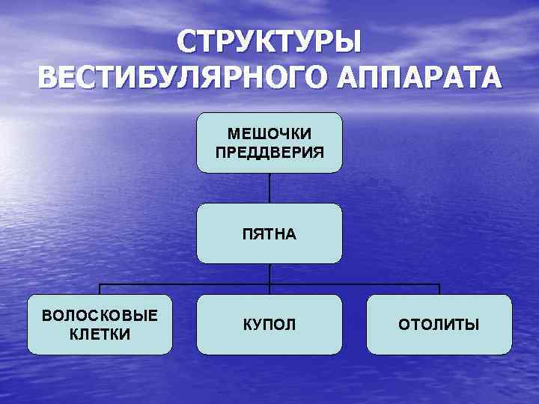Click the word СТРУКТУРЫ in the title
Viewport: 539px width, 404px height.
click(x=269, y=43)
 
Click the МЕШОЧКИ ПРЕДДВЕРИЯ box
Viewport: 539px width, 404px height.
click(x=269, y=142)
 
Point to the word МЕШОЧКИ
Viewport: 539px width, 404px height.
click(x=269, y=133)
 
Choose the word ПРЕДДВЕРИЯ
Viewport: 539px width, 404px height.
click(x=269, y=152)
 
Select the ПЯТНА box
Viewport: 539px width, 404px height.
click(x=269, y=233)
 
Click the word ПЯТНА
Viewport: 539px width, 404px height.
click(x=269, y=234)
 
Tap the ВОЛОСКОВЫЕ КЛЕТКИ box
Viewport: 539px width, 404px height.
click(x=100, y=324)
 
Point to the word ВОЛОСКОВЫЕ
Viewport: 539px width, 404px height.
click(x=100, y=315)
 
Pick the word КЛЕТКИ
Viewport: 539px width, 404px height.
click(x=100, y=334)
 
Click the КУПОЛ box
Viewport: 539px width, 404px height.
click(x=269, y=324)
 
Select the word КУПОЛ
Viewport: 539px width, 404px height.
click(x=269, y=325)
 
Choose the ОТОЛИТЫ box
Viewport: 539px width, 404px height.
click(x=439, y=324)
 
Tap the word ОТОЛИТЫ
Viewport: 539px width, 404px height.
click(x=439, y=325)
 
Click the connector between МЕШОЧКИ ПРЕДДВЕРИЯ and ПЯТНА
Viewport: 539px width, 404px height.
click(x=269, y=188)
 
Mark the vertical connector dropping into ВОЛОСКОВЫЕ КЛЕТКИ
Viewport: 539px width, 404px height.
click(x=100, y=290)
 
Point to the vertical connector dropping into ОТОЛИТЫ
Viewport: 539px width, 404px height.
click(x=439, y=290)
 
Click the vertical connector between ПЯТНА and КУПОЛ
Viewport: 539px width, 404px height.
click(x=269, y=278)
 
